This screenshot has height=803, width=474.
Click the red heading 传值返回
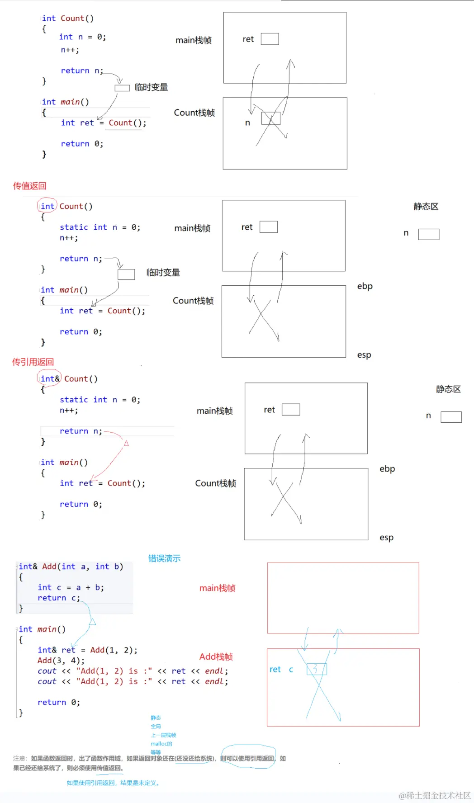(30, 186)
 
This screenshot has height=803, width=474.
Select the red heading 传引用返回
(33, 362)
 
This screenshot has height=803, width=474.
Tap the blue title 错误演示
(164, 558)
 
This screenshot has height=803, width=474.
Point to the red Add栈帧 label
(216, 657)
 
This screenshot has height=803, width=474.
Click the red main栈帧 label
(217, 588)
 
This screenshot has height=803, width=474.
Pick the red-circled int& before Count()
(49, 378)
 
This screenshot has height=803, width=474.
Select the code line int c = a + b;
(71, 587)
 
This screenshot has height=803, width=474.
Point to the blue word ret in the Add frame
(275, 669)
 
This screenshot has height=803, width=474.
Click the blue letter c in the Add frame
(291, 669)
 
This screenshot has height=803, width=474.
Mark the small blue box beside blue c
(317, 669)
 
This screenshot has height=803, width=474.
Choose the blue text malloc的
(161, 744)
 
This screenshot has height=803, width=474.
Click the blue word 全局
(156, 726)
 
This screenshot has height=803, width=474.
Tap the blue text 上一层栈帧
(163, 735)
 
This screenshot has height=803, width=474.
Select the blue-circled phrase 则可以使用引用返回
(247, 758)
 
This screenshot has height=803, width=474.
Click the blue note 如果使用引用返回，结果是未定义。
(113, 783)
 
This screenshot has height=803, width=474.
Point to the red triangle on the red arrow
(126, 443)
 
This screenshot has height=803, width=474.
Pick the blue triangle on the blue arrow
(92, 622)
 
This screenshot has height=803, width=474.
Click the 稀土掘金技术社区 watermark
(435, 795)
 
